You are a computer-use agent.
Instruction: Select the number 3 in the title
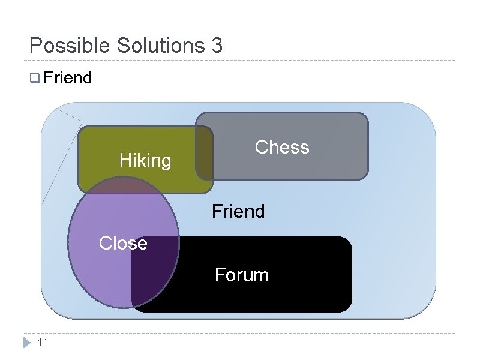click(217, 46)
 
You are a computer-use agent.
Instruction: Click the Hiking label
click(145, 160)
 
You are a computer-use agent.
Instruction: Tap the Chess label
click(282, 147)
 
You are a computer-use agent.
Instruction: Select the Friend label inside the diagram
click(238, 211)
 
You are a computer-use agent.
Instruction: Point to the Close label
click(123, 243)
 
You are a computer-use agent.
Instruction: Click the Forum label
click(242, 275)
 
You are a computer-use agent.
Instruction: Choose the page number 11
click(42, 343)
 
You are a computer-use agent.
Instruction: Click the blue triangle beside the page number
click(26, 343)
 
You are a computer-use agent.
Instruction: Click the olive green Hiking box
click(114, 144)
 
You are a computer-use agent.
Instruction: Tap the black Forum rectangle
click(288, 294)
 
